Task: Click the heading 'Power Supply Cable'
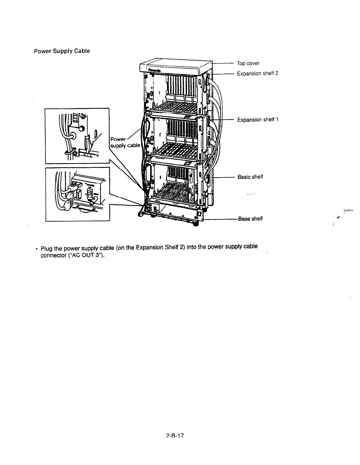coord(62,51)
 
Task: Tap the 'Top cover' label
coord(248,63)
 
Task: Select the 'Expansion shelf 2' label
coord(258,73)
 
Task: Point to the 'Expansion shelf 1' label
coord(258,120)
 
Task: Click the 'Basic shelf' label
coord(250,177)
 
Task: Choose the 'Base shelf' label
coord(250,219)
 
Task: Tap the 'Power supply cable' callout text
coord(125,142)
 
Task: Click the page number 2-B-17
coord(175,436)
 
